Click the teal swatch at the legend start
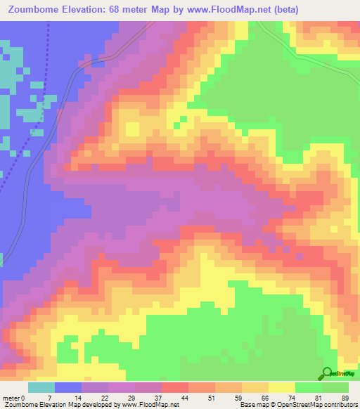click(x=41, y=387)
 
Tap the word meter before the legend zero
click(x=11, y=398)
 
